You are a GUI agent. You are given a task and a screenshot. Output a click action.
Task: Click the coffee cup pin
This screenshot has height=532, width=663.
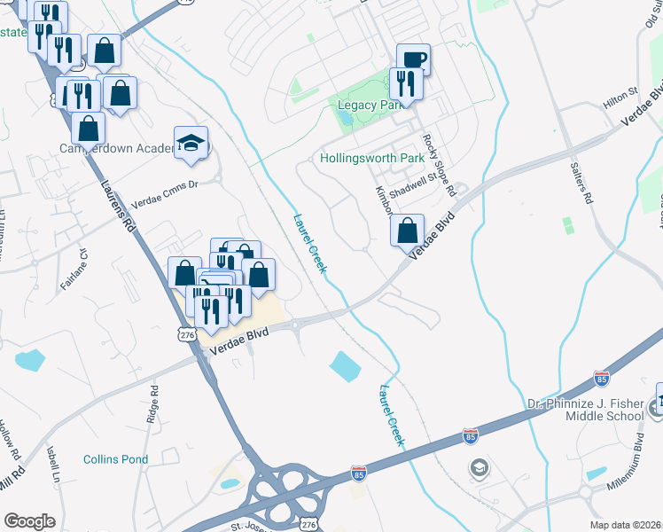[413, 59]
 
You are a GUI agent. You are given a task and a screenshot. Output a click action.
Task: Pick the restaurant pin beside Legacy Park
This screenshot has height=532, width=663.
[406, 84]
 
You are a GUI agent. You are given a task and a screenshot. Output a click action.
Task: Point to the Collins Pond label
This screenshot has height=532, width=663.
[113, 459]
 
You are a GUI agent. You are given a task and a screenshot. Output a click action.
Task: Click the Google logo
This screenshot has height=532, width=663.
[30, 521]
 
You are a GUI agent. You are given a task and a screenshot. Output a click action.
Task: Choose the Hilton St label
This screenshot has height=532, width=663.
[620, 91]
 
